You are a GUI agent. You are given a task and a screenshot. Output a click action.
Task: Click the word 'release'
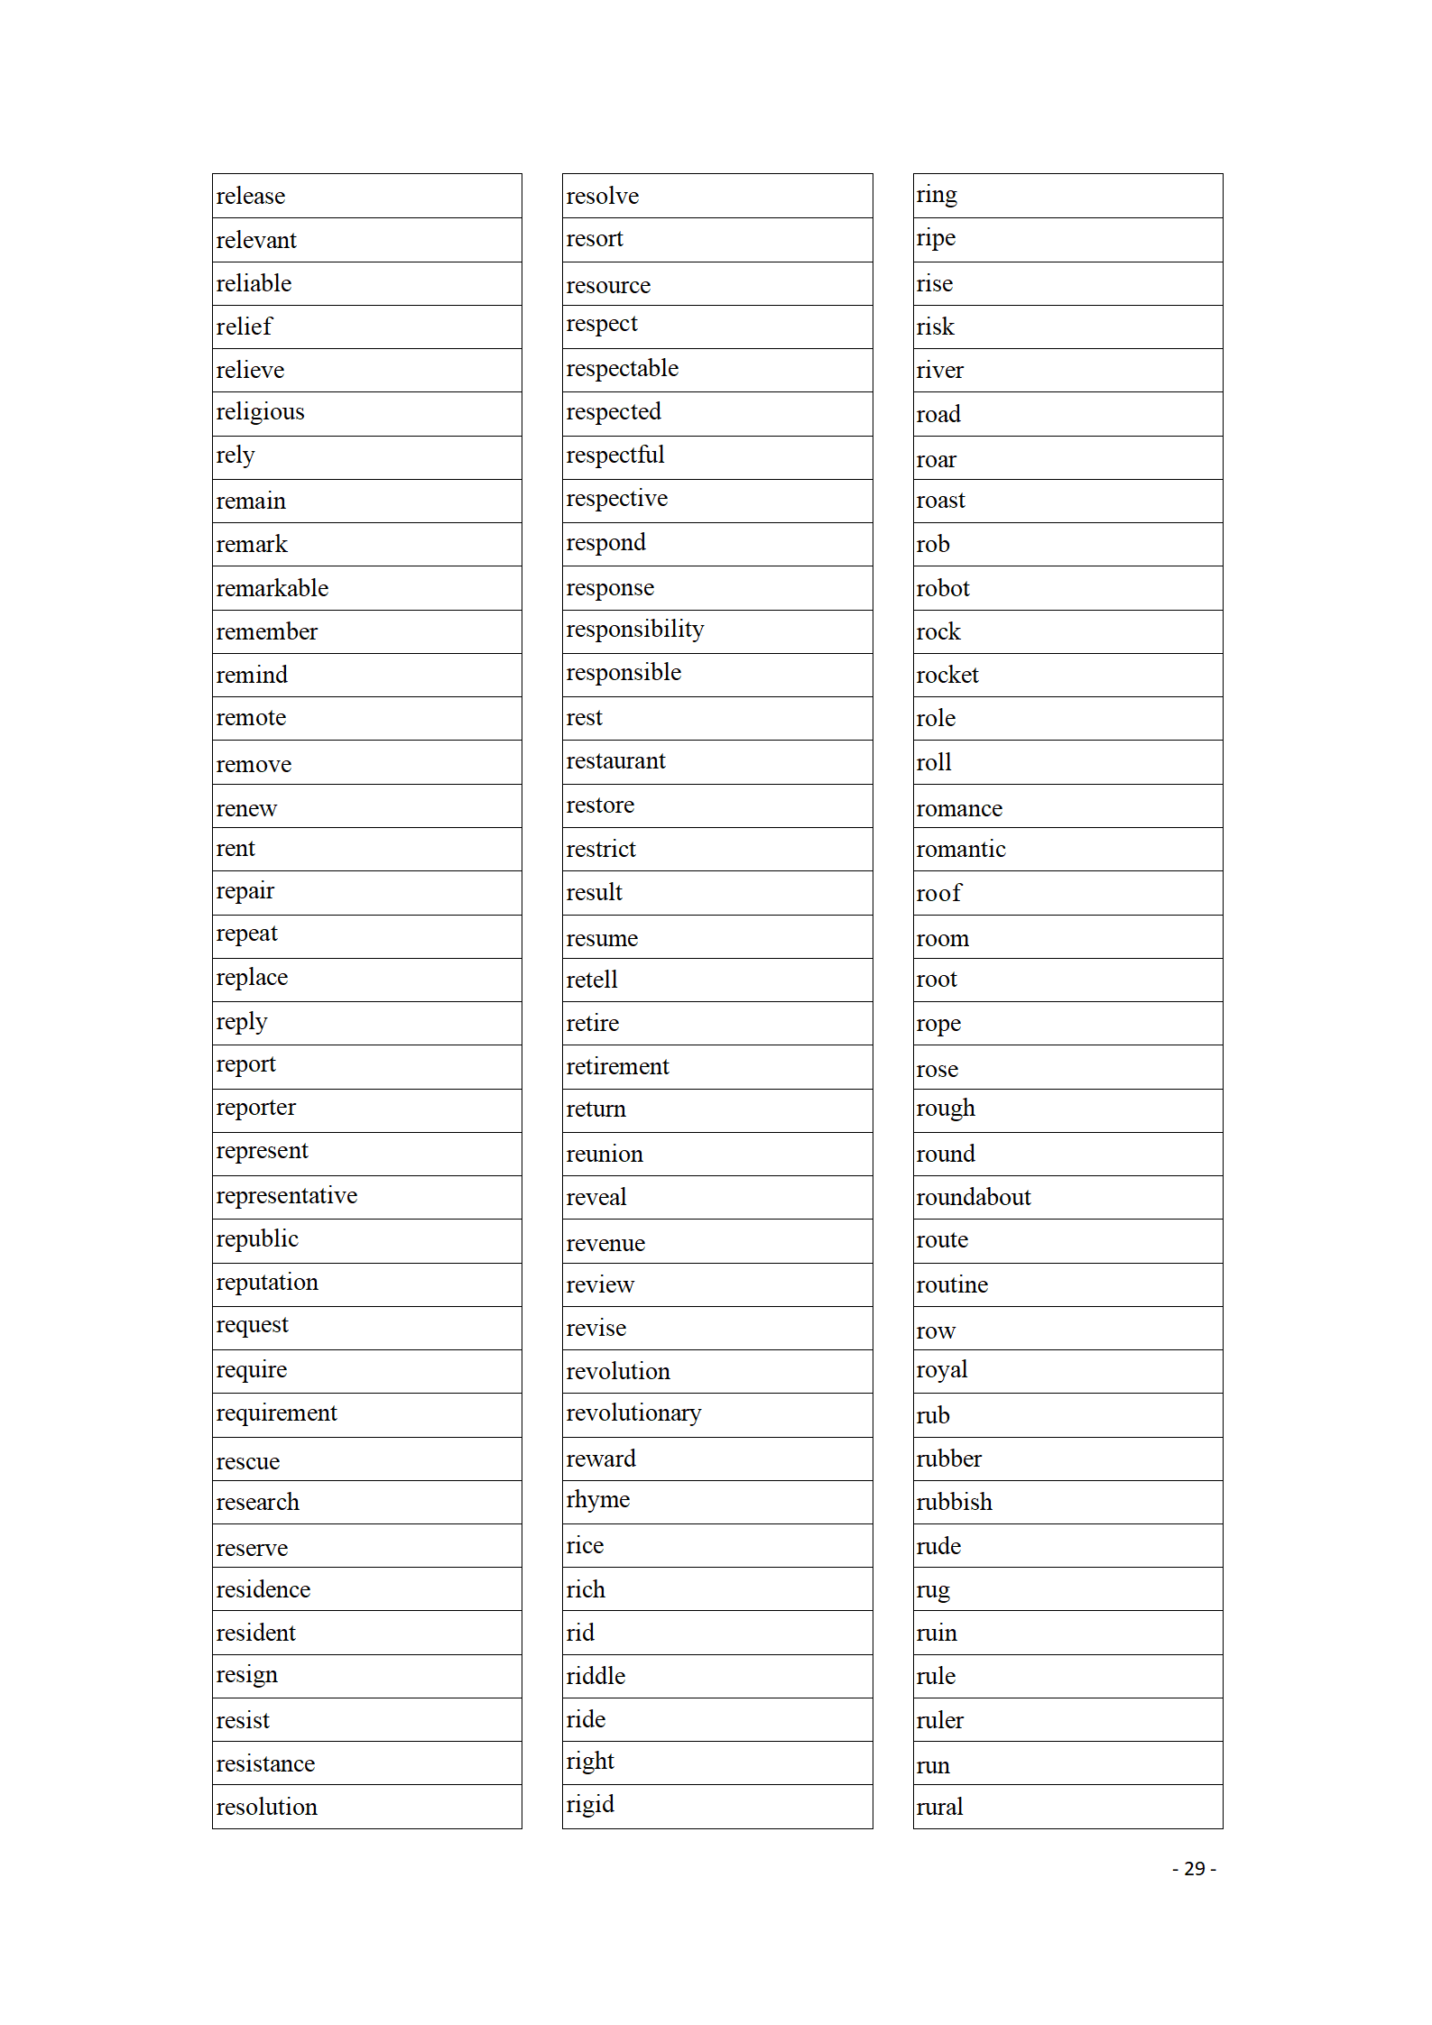tap(251, 197)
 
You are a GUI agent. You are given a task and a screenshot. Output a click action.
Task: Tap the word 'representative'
tap(287, 1196)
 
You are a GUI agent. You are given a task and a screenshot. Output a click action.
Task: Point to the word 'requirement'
tap(276, 1413)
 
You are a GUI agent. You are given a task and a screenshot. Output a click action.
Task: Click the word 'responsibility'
tap(635, 630)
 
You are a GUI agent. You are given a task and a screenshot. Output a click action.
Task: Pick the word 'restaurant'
tap(615, 761)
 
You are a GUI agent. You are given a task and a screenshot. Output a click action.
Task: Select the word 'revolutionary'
tap(633, 1413)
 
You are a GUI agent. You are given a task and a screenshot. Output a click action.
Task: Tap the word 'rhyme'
tap(598, 1500)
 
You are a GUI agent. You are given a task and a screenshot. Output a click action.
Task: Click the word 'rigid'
tap(590, 1805)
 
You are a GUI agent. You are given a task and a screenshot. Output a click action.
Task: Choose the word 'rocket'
tap(947, 676)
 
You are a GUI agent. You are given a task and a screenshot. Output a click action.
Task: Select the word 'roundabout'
tap(974, 1198)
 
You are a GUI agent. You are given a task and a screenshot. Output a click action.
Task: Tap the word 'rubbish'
tap(955, 1503)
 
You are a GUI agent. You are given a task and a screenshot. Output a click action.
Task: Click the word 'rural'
tap(940, 1808)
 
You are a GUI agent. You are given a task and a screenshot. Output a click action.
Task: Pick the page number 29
tap(1194, 1869)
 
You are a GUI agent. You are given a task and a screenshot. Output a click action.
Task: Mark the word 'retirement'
tap(617, 1067)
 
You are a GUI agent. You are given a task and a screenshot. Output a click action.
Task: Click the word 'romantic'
tap(961, 850)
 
